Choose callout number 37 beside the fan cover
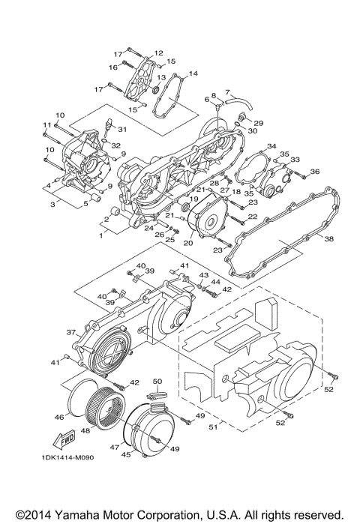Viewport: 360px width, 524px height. [71, 332]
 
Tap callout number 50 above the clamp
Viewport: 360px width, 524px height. [158, 382]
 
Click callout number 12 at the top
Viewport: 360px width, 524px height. [158, 53]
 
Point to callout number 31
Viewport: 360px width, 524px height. [122, 130]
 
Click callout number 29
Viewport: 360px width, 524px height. [258, 122]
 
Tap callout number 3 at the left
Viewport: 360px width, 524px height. [53, 203]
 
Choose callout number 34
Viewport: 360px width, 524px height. [271, 145]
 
